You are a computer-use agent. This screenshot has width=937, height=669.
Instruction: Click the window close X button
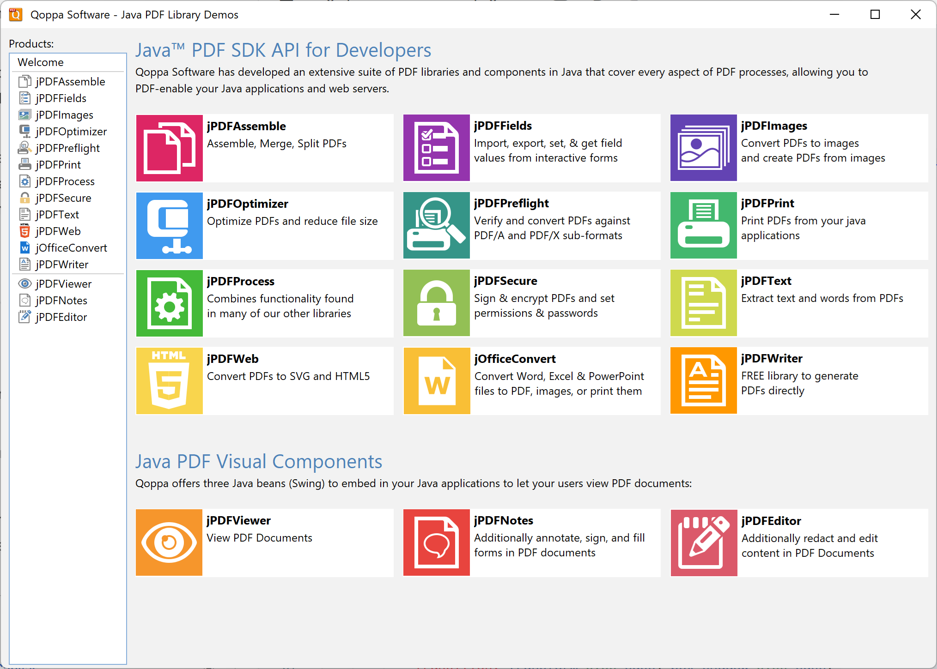click(x=915, y=15)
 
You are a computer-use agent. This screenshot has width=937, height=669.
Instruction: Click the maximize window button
click(x=875, y=15)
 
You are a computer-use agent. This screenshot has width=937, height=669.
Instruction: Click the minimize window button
click(x=834, y=15)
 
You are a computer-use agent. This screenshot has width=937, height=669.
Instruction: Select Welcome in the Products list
click(x=41, y=62)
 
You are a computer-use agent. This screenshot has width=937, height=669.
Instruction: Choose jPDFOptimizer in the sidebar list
click(x=71, y=132)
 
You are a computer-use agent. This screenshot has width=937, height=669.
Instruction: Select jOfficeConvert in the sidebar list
click(x=71, y=248)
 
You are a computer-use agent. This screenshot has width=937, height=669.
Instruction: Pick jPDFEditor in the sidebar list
click(x=61, y=317)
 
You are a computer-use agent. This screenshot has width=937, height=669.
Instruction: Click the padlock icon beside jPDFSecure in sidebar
click(x=25, y=198)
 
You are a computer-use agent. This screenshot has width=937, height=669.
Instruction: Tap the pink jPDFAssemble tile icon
click(x=169, y=148)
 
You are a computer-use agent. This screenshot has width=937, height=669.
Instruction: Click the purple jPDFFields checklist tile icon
click(x=436, y=148)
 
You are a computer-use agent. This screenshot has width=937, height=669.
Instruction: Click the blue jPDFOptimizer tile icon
click(x=169, y=226)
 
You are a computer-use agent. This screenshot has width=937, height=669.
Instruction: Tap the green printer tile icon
click(x=703, y=226)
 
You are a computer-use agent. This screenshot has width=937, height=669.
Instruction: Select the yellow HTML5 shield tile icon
click(x=169, y=381)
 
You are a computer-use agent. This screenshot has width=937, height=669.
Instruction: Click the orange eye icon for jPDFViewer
click(x=169, y=542)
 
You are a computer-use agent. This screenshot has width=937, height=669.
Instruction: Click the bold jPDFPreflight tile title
click(x=511, y=204)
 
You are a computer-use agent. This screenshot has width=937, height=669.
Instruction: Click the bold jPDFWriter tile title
click(x=772, y=359)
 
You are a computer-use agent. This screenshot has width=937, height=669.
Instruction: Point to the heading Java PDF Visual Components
click(x=259, y=462)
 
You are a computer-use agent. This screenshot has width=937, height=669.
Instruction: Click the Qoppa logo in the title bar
click(x=16, y=15)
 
